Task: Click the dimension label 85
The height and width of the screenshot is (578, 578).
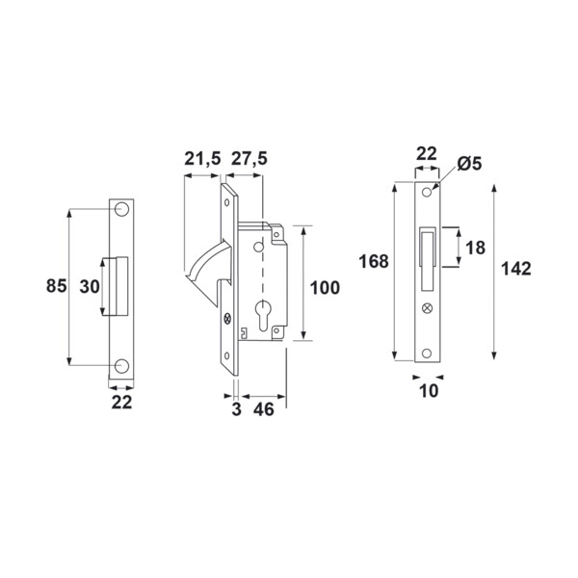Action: tap(57, 286)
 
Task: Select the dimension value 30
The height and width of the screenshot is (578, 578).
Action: tap(90, 286)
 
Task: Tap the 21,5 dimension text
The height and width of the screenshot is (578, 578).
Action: tap(202, 159)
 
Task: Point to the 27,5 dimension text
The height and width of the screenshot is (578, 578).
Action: tap(249, 159)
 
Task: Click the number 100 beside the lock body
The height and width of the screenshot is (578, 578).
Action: tap(325, 288)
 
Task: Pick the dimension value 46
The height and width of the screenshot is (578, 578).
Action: tap(264, 409)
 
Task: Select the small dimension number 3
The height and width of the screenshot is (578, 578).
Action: tap(236, 409)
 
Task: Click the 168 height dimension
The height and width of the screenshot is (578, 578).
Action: tap(374, 261)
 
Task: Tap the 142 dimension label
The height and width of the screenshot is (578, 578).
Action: tap(516, 269)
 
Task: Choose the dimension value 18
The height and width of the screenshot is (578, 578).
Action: tap(476, 248)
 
